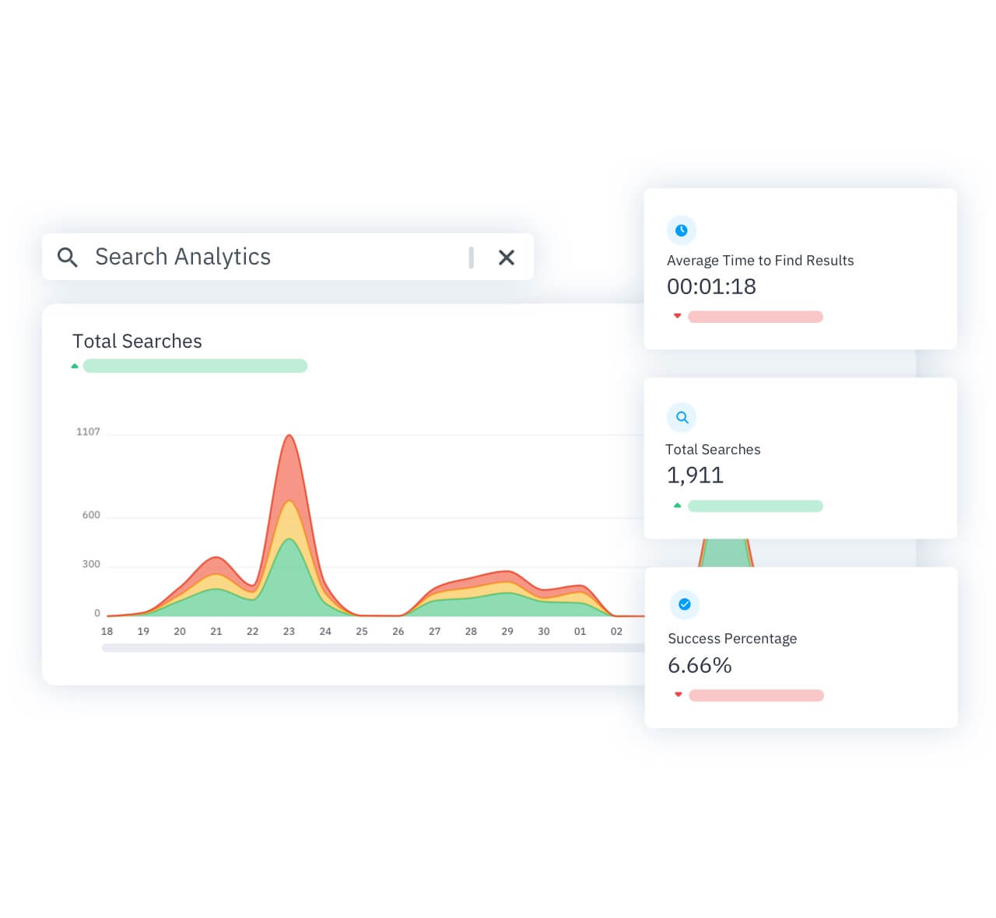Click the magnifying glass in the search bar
click(68, 258)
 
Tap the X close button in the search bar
click(507, 258)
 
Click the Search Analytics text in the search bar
click(183, 257)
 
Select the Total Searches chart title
click(137, 342)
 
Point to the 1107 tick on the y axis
click(88, 432)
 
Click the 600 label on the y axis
click(91, 515)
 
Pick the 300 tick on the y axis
click(91, 564)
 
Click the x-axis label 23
click(289, 632)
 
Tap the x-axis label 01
click(580, 632)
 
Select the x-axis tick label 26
click(398, 632)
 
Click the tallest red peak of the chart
click(289, 437)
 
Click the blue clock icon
click(682, 230)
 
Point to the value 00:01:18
click(711, 287)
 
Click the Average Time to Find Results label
click(760, 261)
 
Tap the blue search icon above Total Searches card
click(682, 418)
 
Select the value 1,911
click(695, 475)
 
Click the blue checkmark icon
click(685, 604)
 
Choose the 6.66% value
click(700, 666)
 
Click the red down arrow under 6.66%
click(679, 695)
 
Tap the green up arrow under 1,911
click(678, 506)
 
